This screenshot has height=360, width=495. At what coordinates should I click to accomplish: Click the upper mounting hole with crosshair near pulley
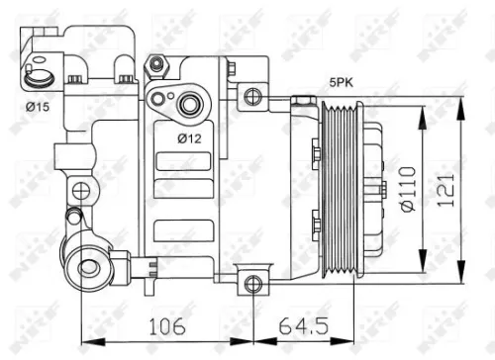(x=253, y=96)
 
